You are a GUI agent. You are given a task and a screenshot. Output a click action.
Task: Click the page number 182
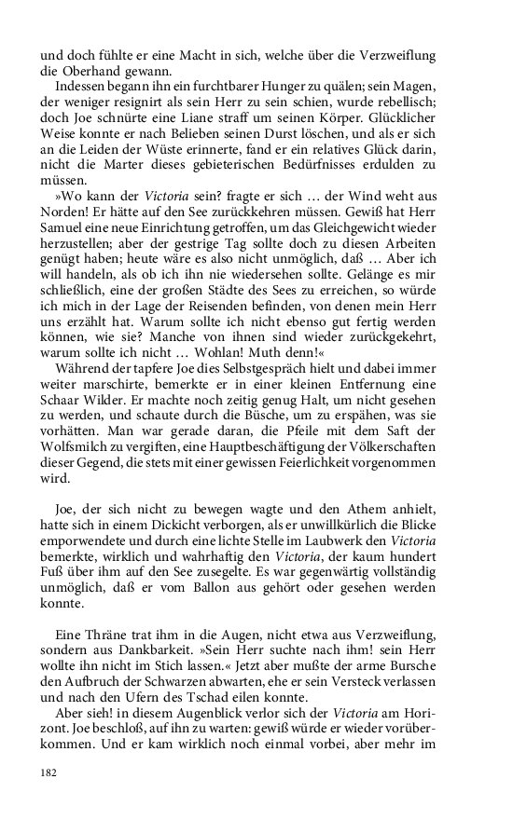49,772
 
